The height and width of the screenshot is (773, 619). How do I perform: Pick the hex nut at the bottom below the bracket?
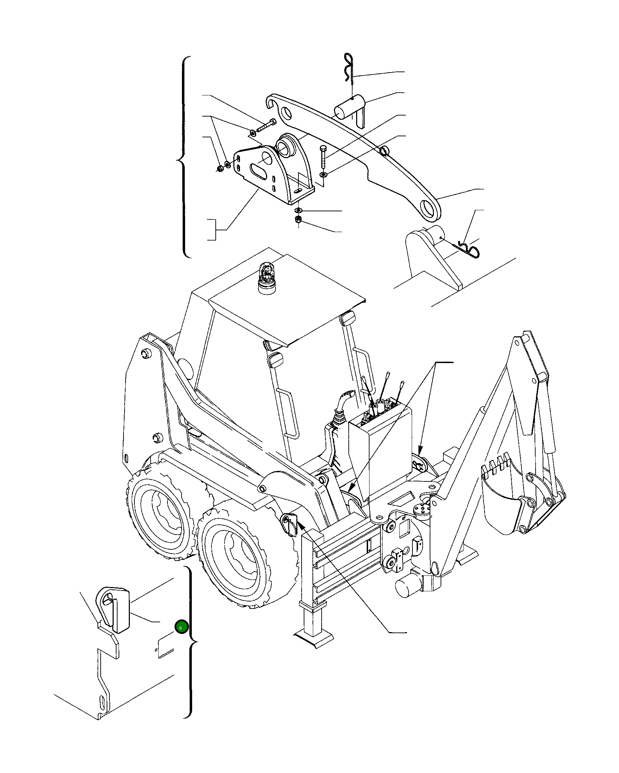coord(298,220)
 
